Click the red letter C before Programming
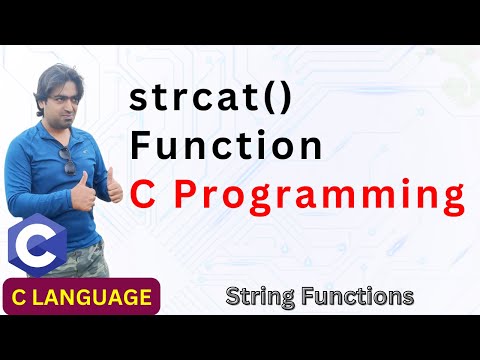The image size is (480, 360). (x=145, y=194)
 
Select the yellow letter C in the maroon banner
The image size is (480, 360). (x=25, y=297)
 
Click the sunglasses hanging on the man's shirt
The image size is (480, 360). (x=69, y=160)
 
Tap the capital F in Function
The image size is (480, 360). (x=143, y=148)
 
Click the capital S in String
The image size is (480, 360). (x=233, y=296)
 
